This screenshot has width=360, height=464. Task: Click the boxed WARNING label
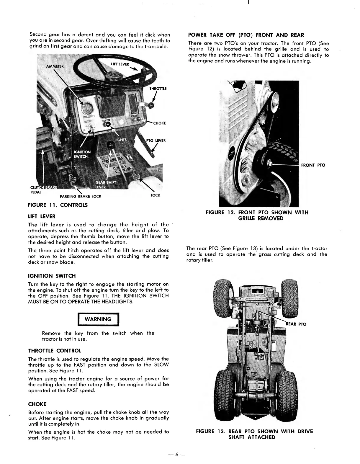pos(98,319)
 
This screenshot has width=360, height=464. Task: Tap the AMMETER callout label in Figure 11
pos(55,66)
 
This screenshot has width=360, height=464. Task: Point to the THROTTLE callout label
pos(158,89)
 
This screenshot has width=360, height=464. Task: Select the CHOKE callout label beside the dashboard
pos(159,123)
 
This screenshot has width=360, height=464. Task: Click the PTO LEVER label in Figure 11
pos(156,140)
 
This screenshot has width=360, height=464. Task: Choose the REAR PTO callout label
pos(296,324)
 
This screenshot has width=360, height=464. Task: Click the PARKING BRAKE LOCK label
pos(80,196)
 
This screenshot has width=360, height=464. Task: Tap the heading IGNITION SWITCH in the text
pos(52,276)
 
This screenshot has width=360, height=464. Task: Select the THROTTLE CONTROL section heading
pos(54,351)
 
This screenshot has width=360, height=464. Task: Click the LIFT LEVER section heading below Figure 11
pos(42,216)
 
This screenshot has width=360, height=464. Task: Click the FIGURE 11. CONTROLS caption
pos(58,205)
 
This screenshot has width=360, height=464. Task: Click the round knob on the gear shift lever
pos(111,145)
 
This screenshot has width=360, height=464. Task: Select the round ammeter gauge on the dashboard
pos(84,107)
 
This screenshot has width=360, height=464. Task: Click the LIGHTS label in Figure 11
pos(120,140)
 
